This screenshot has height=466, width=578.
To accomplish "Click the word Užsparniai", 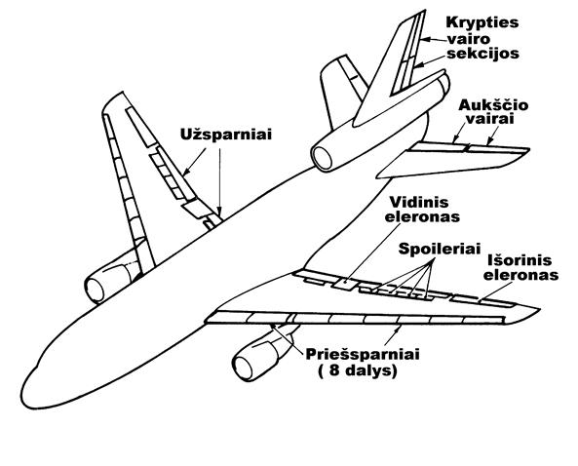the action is (225, 135).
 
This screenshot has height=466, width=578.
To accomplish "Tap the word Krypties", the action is (482, 22).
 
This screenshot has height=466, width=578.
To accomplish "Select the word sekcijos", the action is (482, 54).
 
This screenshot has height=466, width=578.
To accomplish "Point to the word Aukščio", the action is (493, 105).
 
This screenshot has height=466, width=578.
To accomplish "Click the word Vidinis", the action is (419, 202).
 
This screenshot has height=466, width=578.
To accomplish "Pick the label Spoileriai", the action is (440, 249).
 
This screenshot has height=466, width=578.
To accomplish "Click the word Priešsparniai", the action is (363, 354).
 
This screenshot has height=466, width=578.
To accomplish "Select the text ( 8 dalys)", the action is (358, 370).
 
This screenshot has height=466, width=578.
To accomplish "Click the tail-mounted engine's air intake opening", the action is (323, 158).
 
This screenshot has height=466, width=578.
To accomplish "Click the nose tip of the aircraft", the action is (22, 395).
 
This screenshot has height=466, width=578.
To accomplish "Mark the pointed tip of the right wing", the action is (539, 309).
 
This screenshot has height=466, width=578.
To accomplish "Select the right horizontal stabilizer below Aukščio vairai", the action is (453, 159).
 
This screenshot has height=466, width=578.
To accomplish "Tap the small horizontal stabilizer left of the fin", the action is (341, 93).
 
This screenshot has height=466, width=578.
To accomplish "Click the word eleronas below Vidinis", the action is (422, 216).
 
